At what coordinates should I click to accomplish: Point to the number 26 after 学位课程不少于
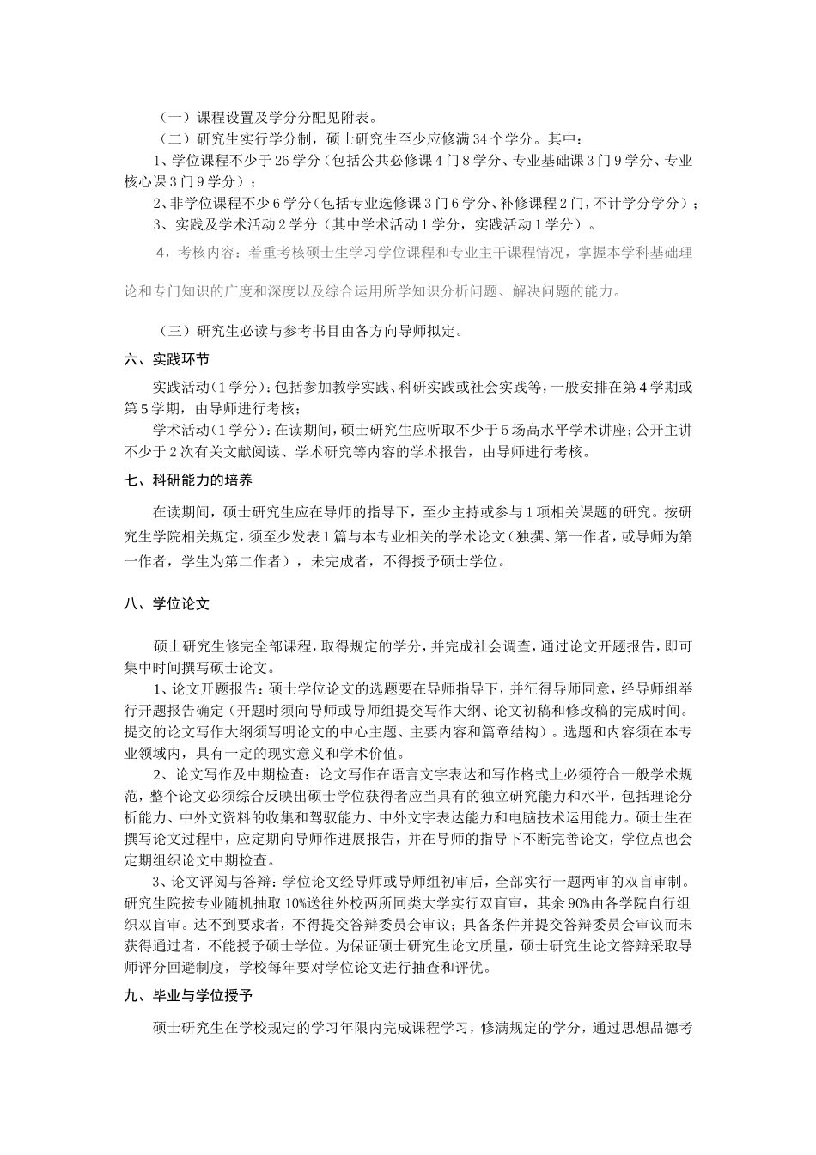pyautogui.click(x=273, y=160)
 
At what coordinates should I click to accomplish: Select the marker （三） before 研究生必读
pyautogui.click(x=174, y=331)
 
